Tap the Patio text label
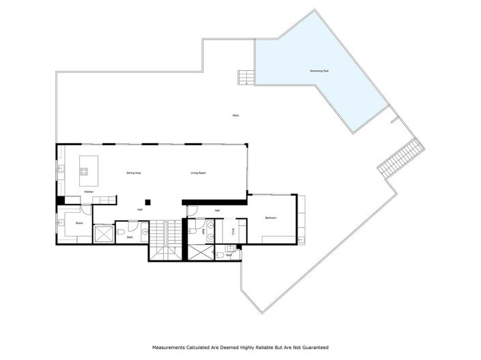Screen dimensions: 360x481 tap(235, 117)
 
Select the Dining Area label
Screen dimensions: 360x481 tap(134, 173)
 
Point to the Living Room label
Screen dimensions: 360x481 tap(199, 173)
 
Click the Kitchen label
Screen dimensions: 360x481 tap(89, 192)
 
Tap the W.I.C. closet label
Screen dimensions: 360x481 tap(234, 230)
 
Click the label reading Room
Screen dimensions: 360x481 tap(79, 222)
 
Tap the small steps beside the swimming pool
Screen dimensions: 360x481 tap(246, 78)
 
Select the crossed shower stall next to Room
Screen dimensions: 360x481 tap(104, 233)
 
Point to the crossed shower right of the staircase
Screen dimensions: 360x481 tap(198, 252)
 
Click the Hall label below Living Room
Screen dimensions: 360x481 tap(217, 210)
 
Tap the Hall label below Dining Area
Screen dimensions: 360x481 tap(140, 209)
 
